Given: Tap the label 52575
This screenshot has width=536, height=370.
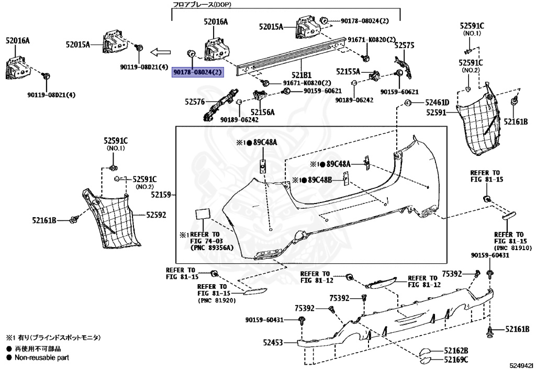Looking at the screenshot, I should pyautogui.click(x=404, y=46).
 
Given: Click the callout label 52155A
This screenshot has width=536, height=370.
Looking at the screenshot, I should pyautogui.click(x=348, y=71).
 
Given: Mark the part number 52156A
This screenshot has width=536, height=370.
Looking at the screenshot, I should pyautogui.click(x=262, y=112).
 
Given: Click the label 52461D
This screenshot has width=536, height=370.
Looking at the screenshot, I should pyautogui.click(x=437, y=103).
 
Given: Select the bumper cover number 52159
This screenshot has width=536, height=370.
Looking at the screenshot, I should pyautogui.click(x=162, y=195).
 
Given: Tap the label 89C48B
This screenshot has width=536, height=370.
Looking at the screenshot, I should pyautogui.click(x=320, y=180).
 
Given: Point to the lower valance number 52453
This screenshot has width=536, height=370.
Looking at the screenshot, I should pyautogui.click(x=272, y=343).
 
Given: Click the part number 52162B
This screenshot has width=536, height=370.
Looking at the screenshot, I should pyautogui.click(x=456, y=350).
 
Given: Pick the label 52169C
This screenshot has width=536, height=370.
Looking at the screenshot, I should pyautogui.click(x=456, y=360).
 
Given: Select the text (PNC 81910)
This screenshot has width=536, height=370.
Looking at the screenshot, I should pyautogui.click(x=513, y=247).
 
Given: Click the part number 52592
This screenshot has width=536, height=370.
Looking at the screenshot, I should pyautogui.click(x=156, y=215).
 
